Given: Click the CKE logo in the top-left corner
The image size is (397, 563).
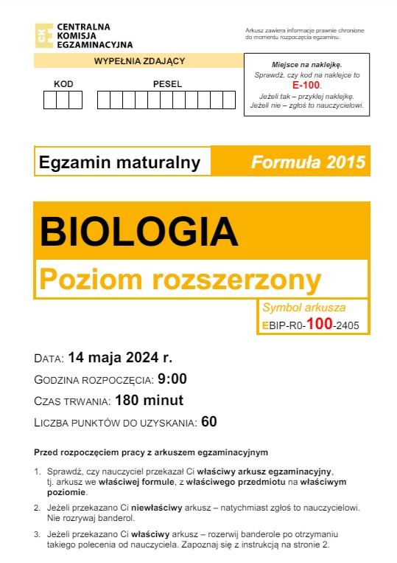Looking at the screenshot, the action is tap(43, 35).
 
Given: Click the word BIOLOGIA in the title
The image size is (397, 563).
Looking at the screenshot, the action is tap(139, 232).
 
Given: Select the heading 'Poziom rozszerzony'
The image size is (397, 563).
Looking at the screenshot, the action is tap(180, 280).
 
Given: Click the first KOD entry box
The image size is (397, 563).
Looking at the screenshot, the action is tap(50, 100).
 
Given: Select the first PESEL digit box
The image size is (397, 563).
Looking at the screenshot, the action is tap(104, 100).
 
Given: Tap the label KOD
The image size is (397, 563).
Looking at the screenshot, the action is tap(63, 83).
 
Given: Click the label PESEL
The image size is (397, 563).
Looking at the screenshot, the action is tap(166, 83).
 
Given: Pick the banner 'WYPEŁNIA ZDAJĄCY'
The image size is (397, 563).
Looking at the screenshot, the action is tap(139, 61).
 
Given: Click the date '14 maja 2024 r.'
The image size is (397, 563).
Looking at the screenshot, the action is tap(120, 359).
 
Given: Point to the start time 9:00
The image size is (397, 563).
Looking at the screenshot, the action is tap(172, 380).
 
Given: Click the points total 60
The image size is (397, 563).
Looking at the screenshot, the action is tap(209, 423).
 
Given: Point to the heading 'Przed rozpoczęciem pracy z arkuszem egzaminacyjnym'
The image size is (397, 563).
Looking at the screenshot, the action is tap(150, 452).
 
